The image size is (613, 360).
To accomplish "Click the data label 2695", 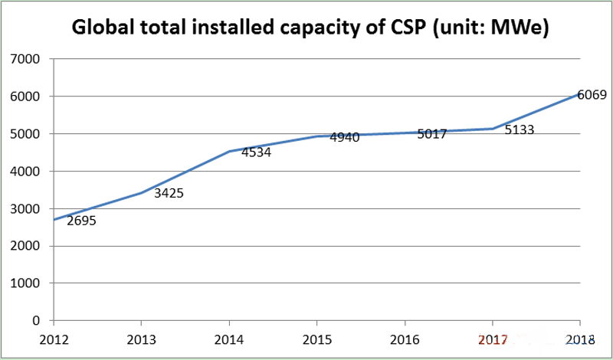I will pyautogui.click(x=81, y=221).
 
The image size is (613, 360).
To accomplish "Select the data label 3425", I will pyautogui.click(x=169, y=193).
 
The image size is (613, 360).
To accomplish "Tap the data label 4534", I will pyautogui.click(x=256, y=152).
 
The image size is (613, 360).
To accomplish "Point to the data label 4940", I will pyautogui.click(x=345, y=137).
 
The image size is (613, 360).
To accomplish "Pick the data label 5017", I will pyautogui.click(x=432, y=134).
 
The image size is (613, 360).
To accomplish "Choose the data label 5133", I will pyautogui.click(x=520, y=130).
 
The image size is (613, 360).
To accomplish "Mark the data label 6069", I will pyautogui.click(x=592, y=95).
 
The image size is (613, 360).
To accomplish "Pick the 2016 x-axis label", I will pyautogui.click(x=404, y=339).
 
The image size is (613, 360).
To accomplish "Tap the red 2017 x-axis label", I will pyautogui.click(x=492, y=339).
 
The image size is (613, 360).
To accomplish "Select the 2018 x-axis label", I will pyautogui.click(x=580, y=339).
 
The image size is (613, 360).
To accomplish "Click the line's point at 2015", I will pyautogui.click(x=316, y=136).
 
